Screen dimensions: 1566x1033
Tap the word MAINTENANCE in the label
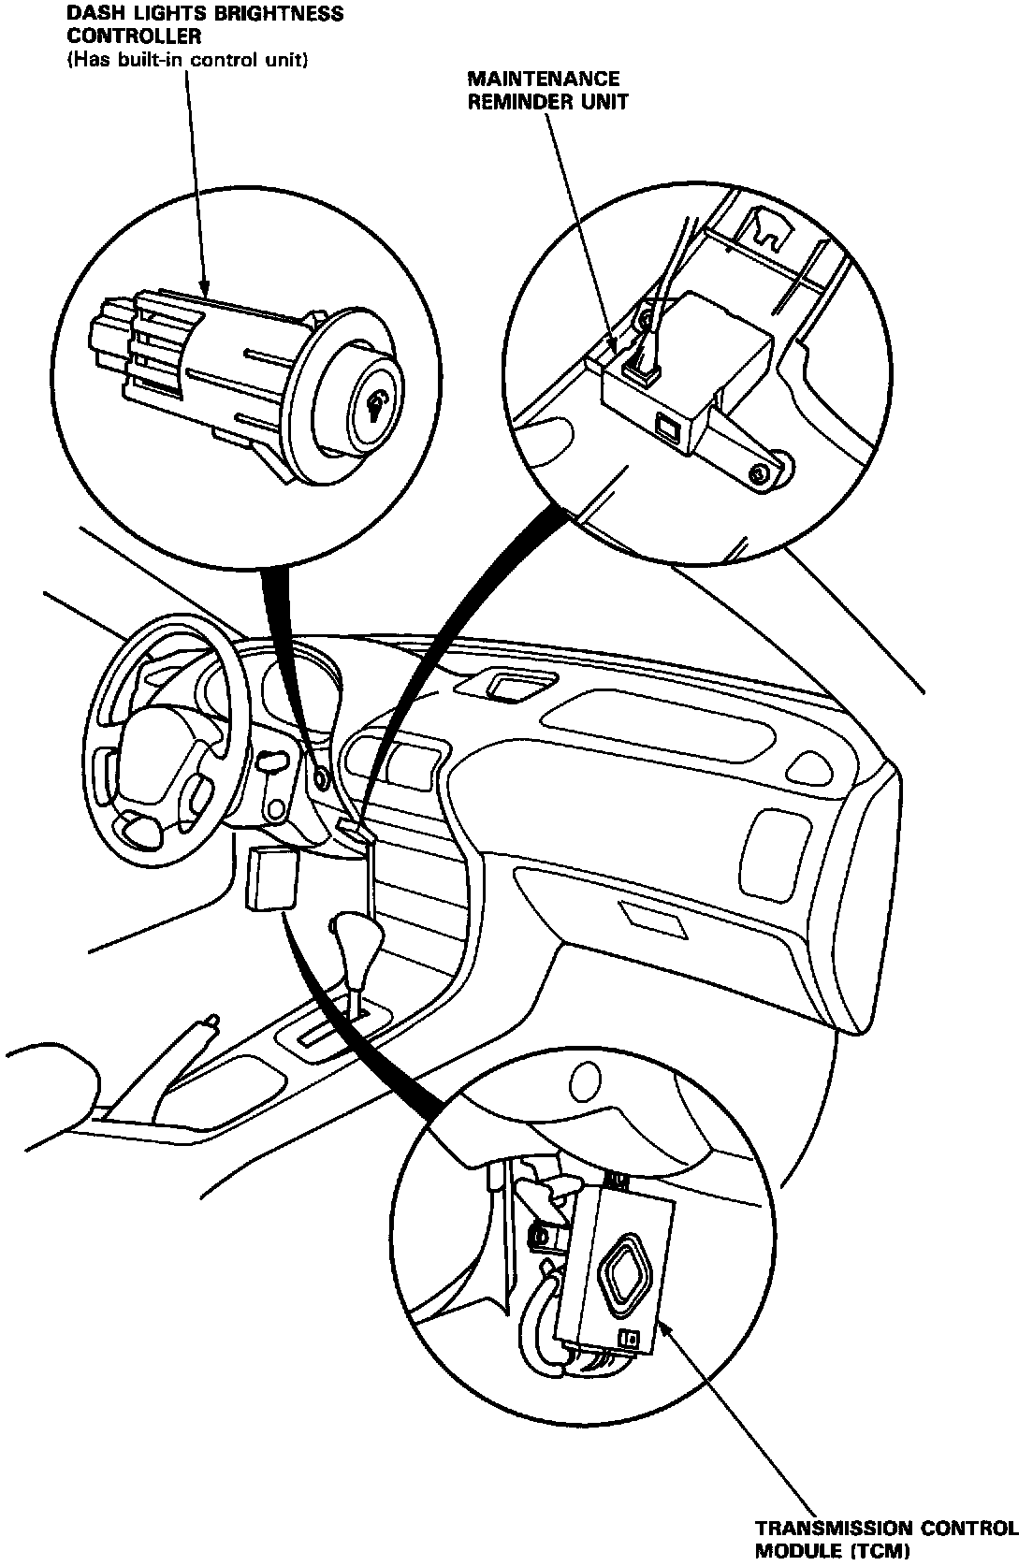(542, 80)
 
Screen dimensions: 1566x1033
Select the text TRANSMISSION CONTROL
(886, 1529)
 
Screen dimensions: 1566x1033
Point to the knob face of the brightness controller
(378, 403)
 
